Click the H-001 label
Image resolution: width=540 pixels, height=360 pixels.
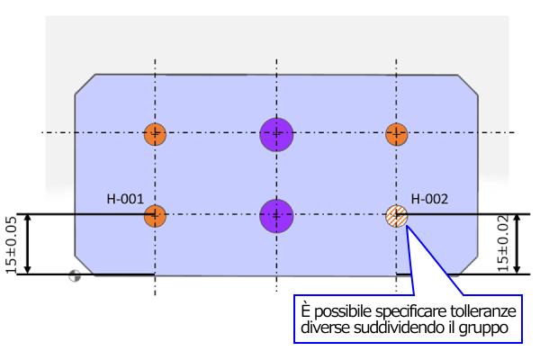[125, 199]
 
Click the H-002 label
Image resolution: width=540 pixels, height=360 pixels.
[430, 199]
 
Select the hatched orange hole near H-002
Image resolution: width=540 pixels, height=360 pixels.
[397, 216]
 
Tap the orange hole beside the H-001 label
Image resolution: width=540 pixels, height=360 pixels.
[156, 216]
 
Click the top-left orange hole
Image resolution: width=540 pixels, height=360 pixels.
[156, 135]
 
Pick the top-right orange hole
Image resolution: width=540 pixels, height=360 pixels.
[397, 135]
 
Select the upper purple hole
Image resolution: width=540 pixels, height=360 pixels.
[277, 134]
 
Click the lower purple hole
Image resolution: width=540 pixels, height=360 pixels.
[277, 215]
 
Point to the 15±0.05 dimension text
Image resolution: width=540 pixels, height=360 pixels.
[11, 244]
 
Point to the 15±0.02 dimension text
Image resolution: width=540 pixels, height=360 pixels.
[502, 244]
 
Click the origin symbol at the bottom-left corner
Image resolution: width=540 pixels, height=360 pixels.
[74, 277]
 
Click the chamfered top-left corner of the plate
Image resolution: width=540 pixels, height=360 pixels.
[85, 84]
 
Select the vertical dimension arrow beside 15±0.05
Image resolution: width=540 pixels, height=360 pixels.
[28, 244]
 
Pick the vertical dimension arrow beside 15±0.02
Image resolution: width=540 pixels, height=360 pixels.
[519, 244]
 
